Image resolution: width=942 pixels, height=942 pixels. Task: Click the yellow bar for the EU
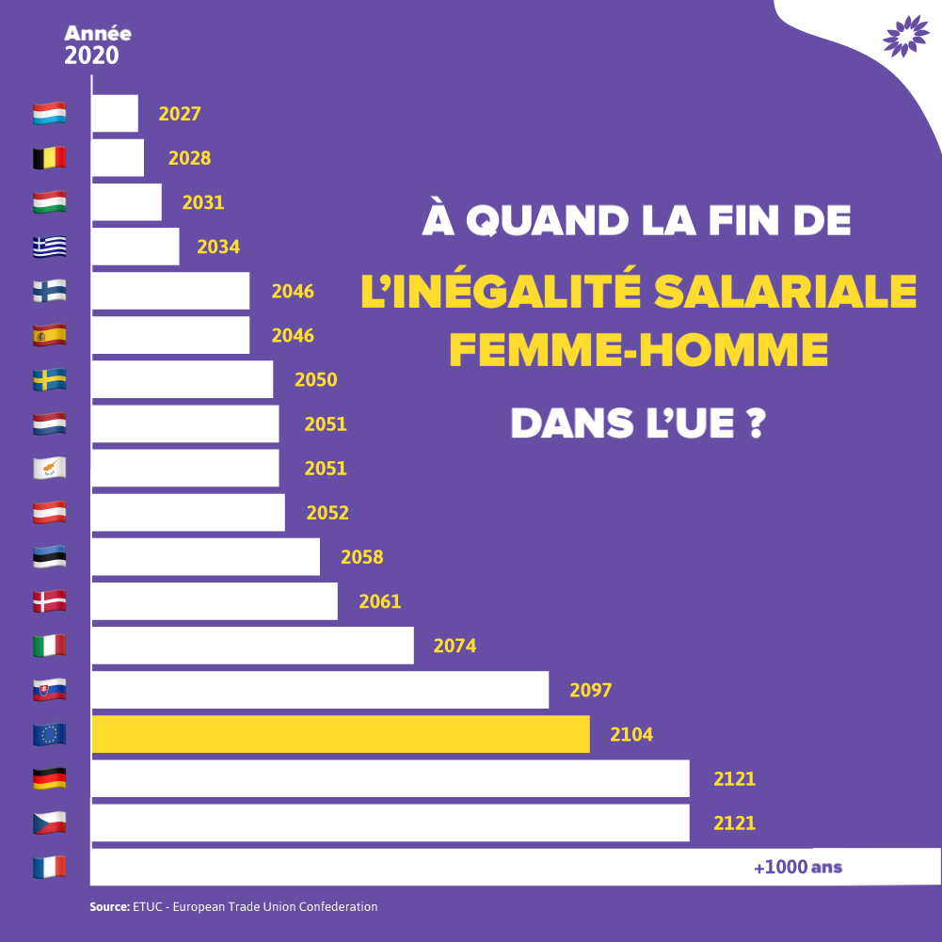pos(340,734)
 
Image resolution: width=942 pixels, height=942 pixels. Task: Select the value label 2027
pos(180,114)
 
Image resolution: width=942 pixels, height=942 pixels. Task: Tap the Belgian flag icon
pos(50,158)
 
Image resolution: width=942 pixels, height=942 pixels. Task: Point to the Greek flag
pos(50,247)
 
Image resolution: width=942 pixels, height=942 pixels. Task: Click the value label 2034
pos(218,247)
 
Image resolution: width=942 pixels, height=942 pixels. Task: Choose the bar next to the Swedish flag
pos(182,379)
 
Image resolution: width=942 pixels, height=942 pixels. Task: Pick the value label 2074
pos(455,646)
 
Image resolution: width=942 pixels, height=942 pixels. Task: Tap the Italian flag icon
pos(50,646)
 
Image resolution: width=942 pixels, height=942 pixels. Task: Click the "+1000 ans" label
pos(797,867)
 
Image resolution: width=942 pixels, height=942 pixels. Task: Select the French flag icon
pos(50,867)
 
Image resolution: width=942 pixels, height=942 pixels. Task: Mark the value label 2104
pos(631,734)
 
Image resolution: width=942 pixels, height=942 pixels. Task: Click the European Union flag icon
pos(50,734)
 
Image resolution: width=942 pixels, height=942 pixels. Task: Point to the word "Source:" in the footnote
pos(109,906)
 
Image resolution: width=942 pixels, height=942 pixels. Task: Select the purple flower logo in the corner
pos(905,37)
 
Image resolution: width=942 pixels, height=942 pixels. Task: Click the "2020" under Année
pos(91,56)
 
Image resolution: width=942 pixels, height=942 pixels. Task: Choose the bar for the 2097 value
pos(320,690)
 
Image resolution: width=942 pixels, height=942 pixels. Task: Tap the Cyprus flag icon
pos(50,468)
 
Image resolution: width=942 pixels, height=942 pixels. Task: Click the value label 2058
pos(361,557)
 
